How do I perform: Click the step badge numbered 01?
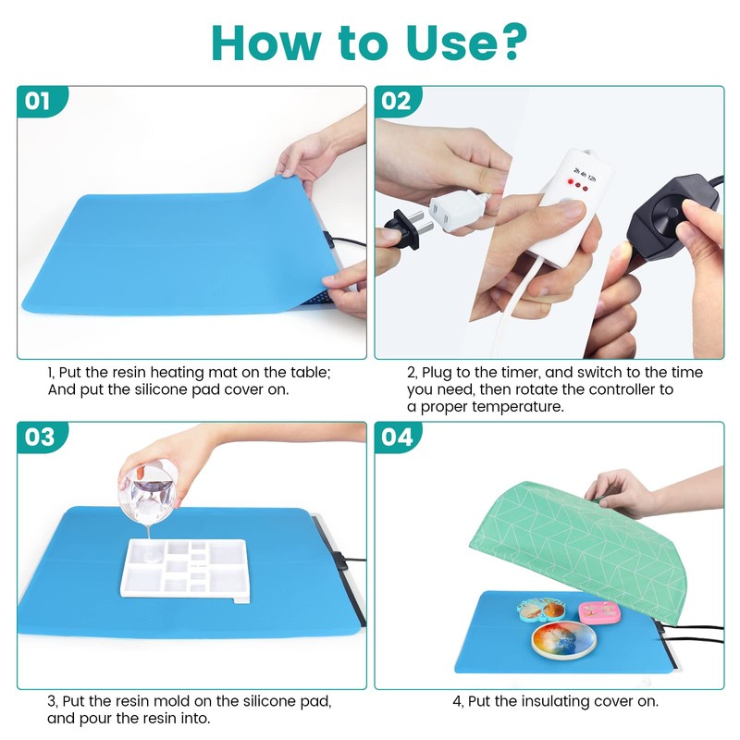[39, 101]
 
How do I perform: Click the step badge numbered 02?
[396, 101]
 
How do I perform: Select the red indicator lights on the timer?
[573, 185]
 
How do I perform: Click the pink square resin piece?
[598, 611]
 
